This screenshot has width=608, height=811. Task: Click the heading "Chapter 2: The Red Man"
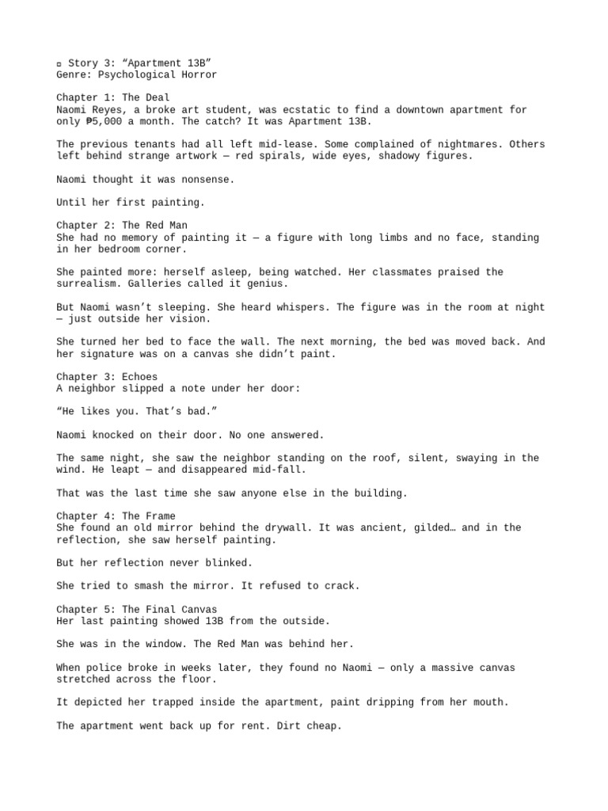(122, 226)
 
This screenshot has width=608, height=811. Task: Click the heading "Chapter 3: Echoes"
(107, 376)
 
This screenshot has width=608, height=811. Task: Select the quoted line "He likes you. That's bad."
(139, 411)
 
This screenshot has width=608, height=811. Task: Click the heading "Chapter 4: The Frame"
(116, 516)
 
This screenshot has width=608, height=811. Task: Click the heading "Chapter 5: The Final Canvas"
(136, 609)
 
